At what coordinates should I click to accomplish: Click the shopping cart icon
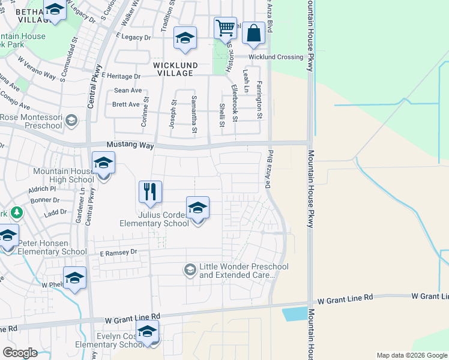[x=224, y=28]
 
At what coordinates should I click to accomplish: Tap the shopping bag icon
[x=253, y=34]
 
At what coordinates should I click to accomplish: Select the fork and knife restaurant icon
[x=150, y=192]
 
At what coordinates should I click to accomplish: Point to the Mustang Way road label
[x=130, y=145]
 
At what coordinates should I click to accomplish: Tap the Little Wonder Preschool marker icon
[x=190, y=269]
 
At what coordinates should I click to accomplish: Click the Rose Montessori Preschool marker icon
[x=71, y=121]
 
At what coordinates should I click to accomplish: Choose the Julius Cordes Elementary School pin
[x=197, y=209]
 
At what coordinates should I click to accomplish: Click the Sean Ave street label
[x=127, y=91]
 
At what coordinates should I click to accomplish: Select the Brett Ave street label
[x=127, y=104]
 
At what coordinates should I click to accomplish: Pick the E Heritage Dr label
[x=121, y=76]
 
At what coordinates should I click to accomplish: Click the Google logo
[x=20, y=353]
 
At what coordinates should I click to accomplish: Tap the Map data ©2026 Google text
[x=411, y=355]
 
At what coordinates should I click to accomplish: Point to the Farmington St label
[x=260, y=99]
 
